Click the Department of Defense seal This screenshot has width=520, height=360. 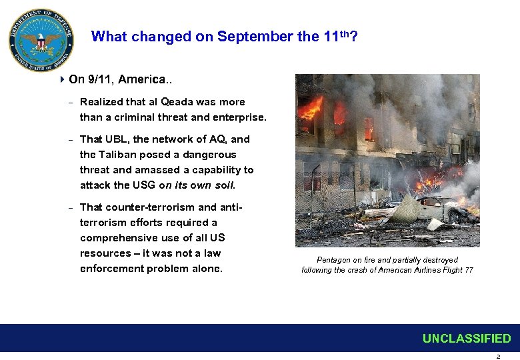(x=41, y=41)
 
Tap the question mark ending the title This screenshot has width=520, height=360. (x=353, y=37)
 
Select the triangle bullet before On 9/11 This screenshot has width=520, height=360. (x=62, y=79)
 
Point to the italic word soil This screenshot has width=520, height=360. (x=223, y=185)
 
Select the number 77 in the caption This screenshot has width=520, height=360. (x=469, y=270)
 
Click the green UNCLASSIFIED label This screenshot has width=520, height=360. (x=467, y=339)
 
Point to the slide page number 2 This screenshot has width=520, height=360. (x=497, y=356)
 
